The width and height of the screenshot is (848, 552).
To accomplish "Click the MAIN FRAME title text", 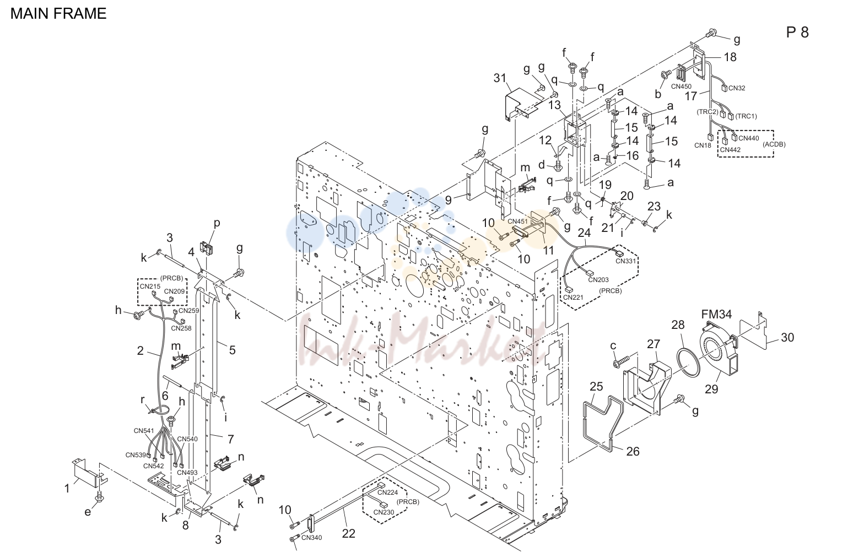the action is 58,14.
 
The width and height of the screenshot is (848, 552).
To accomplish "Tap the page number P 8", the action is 797,33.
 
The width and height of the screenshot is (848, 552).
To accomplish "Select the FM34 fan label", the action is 716,314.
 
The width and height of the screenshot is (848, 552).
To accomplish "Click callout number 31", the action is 500,78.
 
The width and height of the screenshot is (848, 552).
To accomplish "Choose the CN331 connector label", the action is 625,261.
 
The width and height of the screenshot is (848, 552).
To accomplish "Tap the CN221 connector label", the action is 573,297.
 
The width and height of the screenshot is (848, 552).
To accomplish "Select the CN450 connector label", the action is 681,86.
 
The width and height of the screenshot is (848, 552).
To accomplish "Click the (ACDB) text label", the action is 774,144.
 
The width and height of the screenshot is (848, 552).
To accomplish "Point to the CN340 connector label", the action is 311,538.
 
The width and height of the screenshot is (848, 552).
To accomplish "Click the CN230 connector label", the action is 384,512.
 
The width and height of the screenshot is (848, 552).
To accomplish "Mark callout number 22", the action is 349,533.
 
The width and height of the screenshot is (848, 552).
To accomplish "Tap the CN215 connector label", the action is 150,286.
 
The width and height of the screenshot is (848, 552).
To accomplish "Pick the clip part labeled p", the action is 207,248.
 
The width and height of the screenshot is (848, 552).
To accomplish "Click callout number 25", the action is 596,387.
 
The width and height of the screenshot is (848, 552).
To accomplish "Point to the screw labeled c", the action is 621,361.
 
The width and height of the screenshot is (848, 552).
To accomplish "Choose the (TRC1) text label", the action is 746,116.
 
